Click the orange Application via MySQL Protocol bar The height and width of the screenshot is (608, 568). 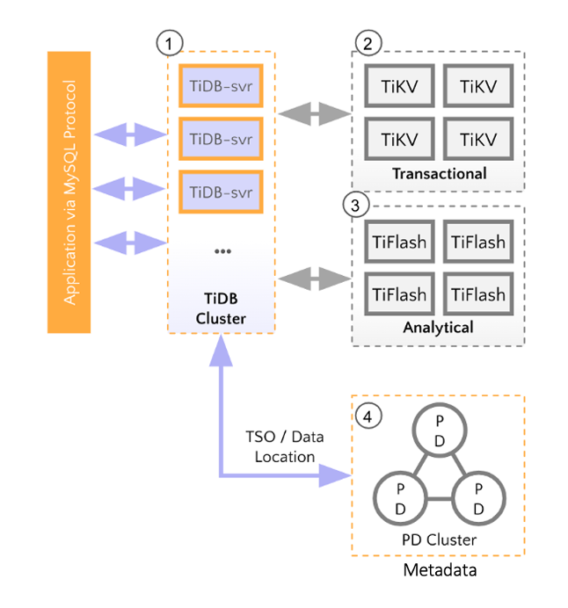coord(69,192)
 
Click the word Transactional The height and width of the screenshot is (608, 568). coord(439,173)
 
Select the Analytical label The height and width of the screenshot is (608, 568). coord(438,327)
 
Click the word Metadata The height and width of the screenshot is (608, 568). coord(438,572)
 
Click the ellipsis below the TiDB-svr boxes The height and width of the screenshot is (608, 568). coord(222,251)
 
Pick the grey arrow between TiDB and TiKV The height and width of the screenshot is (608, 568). coord(314,113)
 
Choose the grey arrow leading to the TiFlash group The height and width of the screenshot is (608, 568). coord(314,280)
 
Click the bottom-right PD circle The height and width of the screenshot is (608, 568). coord(477,498)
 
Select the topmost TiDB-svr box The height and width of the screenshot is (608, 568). coord(222,86)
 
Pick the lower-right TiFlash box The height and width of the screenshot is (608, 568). coord(478,293)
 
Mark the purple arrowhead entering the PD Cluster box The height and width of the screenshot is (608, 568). coord(334,475)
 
